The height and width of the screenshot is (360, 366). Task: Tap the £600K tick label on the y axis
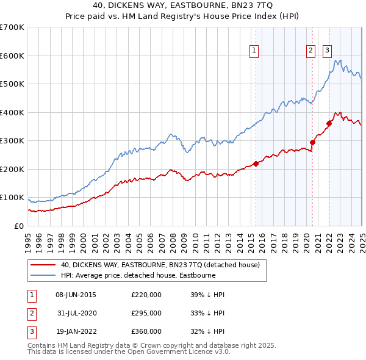click(x=12, y=56)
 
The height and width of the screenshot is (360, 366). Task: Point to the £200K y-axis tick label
click(x=12, y=169)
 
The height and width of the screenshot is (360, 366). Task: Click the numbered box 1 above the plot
click(x=253, y=51)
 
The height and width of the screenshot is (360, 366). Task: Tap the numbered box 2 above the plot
click(x=310, y=51)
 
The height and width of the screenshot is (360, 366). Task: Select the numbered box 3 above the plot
click(x=327, y=51)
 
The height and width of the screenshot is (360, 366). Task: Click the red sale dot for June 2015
click(x=256, y=163)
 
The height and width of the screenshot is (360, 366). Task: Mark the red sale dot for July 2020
click(x=313, y=142)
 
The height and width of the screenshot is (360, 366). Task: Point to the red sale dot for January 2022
click(x=329, y=123)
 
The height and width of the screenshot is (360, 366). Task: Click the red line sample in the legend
click(x=43, y=265)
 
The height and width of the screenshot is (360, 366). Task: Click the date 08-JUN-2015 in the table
click(x=76, y=295)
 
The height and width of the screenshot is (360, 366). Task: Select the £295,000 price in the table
click(x=146, y=313)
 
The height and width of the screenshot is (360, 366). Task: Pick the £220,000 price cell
click(x=146, y=295)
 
